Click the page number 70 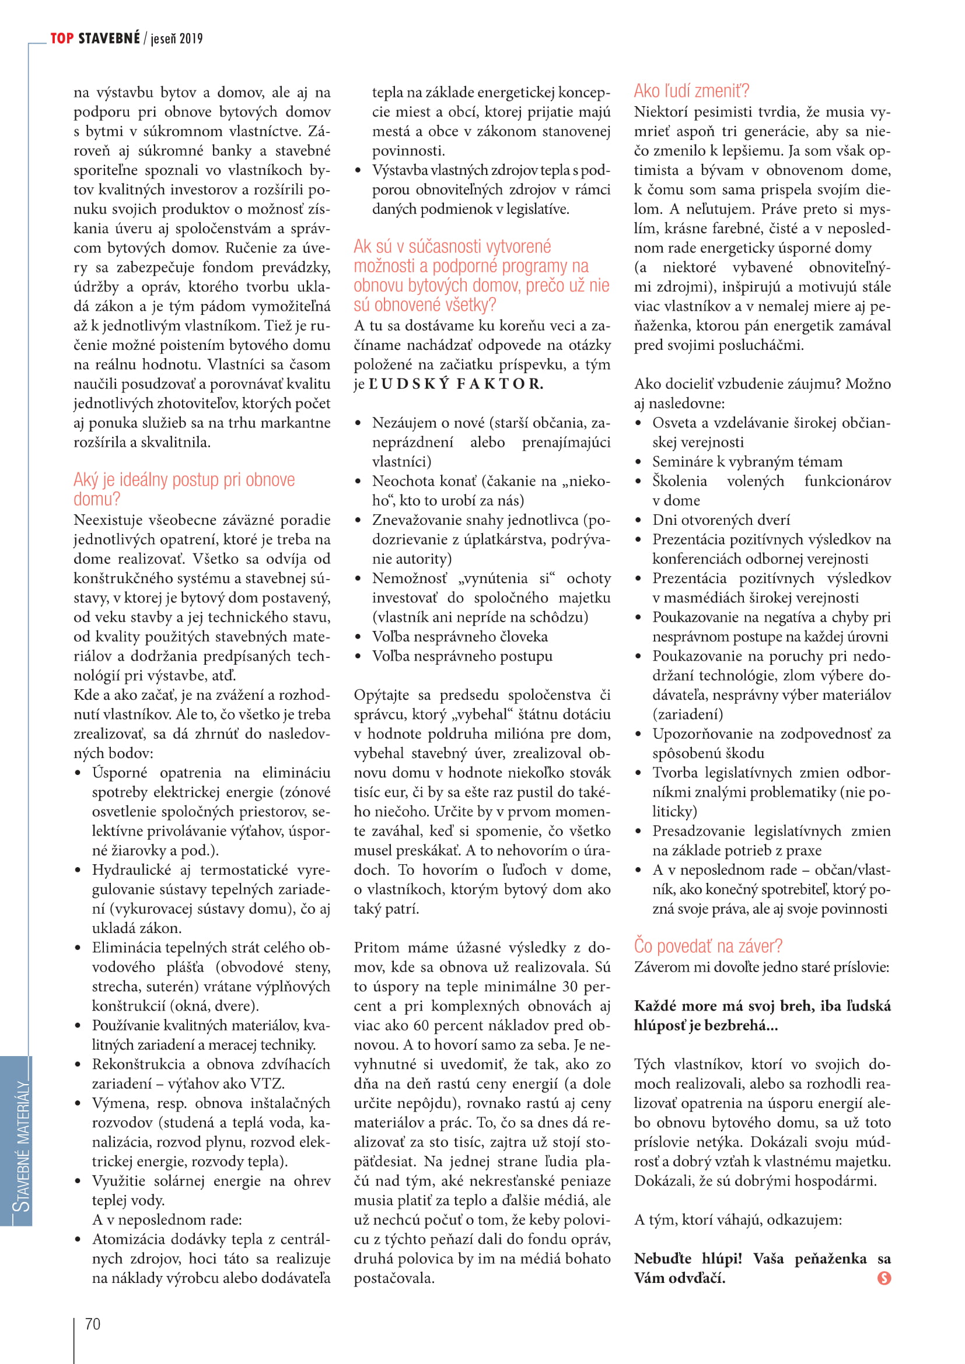(93, 1324)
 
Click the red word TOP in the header (62, 38)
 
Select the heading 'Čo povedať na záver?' (708, 946)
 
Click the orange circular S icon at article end (883, 1278)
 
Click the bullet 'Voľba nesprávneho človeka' (460, 636)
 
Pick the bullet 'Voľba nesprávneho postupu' (462, 656)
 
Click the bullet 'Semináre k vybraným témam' (747, 462)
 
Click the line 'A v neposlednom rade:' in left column (167, 1219)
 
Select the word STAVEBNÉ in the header (109, 38)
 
